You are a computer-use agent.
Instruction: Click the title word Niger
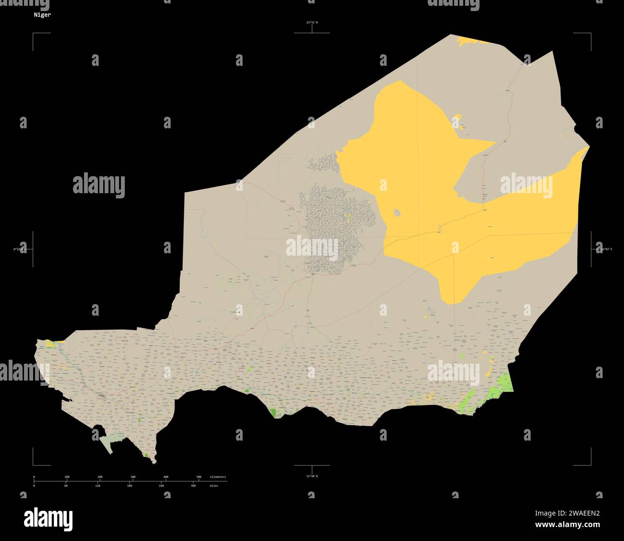coord(42,15)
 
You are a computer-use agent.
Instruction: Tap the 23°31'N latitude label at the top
coord(312,23)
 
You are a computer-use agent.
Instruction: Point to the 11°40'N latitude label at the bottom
coord(312,476)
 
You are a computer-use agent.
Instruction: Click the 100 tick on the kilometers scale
coord(67,477)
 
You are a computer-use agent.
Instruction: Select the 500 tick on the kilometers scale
coord(199,477)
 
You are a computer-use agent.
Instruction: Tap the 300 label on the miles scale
coord(193,486)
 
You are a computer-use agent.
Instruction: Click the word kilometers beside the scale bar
coord(218,477)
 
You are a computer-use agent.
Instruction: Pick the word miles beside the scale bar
coord(214,486)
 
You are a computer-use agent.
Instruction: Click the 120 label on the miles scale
coord(97,486)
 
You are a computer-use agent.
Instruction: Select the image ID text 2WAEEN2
coord(584,513)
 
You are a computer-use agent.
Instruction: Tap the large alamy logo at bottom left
coord(48,519)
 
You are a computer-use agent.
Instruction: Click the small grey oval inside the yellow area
coord(397,212)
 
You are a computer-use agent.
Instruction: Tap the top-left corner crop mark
coord(33,34)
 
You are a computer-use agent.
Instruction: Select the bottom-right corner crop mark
coord(590,465)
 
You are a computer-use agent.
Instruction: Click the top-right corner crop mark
coord(590,34)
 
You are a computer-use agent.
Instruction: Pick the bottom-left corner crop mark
coord(33,465)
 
